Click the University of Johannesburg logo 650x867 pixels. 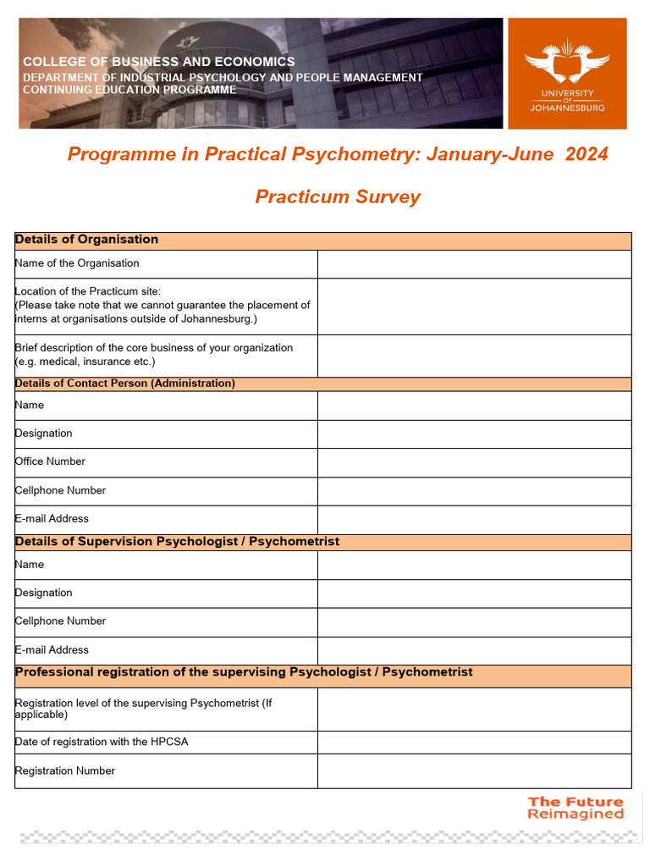567,74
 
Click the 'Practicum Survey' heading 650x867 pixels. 338,197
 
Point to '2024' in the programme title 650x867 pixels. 587,154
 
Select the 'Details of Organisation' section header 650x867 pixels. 86,240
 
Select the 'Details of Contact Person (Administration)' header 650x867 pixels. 125,384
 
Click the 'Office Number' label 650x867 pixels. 50,461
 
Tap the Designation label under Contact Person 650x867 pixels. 44,433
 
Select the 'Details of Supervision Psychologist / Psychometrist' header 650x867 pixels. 177,542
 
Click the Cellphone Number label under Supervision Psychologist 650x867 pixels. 61,621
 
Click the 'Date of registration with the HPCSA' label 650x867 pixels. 102,742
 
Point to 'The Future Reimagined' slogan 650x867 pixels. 576,808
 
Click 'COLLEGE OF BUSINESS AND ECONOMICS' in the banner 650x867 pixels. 159,62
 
